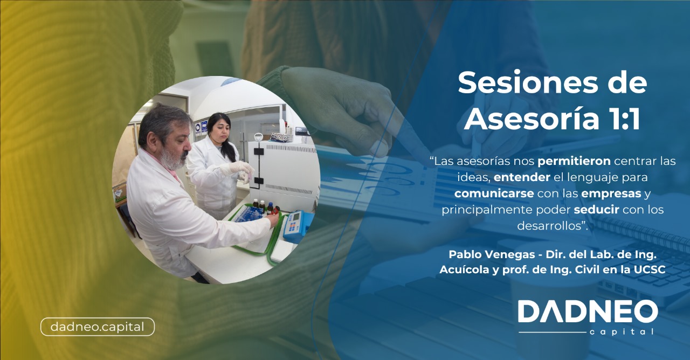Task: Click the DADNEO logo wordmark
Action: click(588, 313)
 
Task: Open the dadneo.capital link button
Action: click(97, 327)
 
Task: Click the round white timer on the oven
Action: click(258, 136)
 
